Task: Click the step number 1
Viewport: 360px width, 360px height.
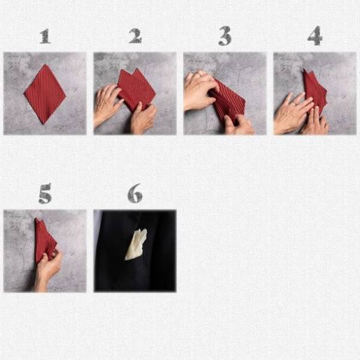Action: [x=45, y=36]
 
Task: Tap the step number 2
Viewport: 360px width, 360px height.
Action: [x=135, y=36]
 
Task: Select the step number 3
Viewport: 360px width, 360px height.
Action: [x=225, y=35]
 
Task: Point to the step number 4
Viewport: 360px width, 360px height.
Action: [x=315, y=35]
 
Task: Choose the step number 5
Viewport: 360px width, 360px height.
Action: [x=45, y=193]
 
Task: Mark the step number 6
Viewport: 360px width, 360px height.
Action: [x=135, y=193]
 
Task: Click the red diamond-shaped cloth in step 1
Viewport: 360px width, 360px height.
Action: [x=45, y=94]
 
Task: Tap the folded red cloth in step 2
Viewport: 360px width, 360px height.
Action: [x=136, y=89]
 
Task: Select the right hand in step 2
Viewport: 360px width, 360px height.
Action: [x=143, y=119]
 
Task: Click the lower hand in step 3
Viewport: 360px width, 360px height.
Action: [x=238, y=125]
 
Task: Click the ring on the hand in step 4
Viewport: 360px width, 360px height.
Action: [x=294, y=103]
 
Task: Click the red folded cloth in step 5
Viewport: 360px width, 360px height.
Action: [x=44, y=240]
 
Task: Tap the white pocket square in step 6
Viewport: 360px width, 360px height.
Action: [x=136, y=244]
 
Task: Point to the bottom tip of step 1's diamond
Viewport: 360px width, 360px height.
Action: [x=43, y=124]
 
